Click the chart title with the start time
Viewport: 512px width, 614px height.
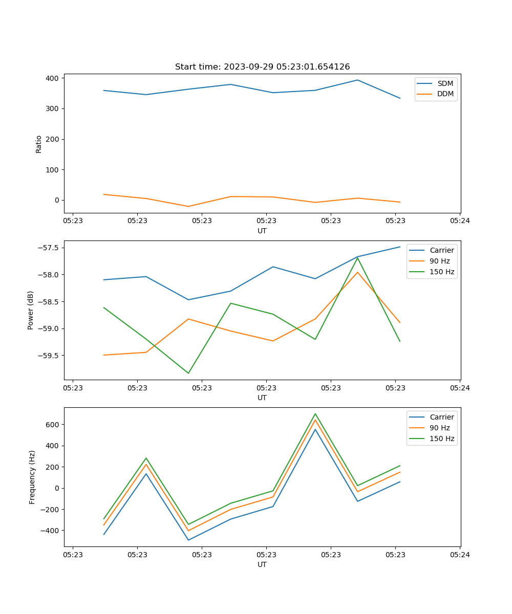tap(262, 67)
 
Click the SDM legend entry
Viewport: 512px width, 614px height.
tap(445, 83)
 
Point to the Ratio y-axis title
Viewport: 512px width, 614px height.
tap(39, 144)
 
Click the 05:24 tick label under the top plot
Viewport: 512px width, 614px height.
tap(460, 221)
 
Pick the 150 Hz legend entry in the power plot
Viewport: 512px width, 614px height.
tap(442, 272)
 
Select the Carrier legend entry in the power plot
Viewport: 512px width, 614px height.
tap(441, 250)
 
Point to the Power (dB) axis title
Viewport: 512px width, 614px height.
tap(31, 310)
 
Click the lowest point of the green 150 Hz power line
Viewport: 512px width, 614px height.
tap(188, 373)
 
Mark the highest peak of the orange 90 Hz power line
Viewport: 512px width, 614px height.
tap(357, 272)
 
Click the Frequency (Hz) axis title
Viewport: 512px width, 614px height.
tap(32, 477)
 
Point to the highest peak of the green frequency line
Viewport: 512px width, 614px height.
tap(315, 414)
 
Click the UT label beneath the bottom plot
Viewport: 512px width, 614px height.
tap(262, 565)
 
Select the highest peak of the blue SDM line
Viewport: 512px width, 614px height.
tap(357, 80)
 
